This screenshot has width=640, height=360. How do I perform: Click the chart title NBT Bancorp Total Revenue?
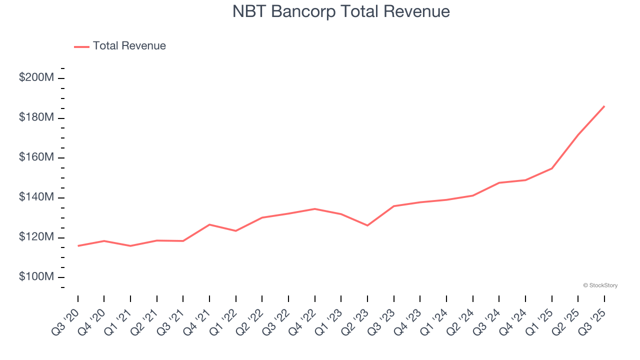click(x=341, y=11)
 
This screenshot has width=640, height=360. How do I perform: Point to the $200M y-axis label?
click(x=36, y=78)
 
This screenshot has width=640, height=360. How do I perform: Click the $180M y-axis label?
click(x=36, y=117)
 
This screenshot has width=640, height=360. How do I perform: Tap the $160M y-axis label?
click(x=36, y=157)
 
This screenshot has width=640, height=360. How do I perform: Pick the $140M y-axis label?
click(x=36, y=197)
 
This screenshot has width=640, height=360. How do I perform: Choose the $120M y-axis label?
click(x=36, y=237)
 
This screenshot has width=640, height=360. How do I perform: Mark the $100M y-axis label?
click(x=36, y=277)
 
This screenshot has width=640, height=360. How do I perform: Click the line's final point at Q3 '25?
click(x=604, y=106)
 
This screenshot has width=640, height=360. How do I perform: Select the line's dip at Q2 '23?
click(x=367, y=225)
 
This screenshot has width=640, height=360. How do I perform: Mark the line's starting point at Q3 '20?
click(x=78, y=245)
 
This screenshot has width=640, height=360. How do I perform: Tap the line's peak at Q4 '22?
click(x=314, y=208)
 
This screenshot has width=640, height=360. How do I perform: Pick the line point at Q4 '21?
click(x=209, y=224)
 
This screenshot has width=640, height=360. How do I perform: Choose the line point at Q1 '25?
click(x=551, y=168)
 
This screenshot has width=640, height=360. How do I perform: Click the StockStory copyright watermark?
click(x=600, y=285)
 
